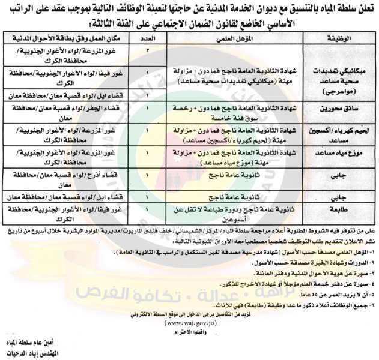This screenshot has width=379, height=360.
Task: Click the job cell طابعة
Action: click(x=341, y=210)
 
